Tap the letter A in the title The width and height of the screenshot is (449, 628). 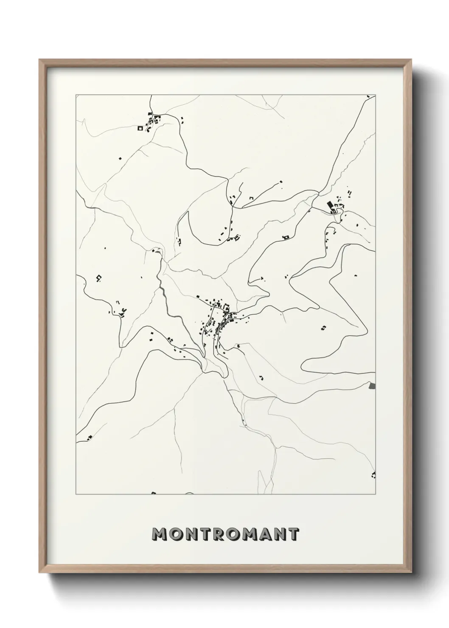tap(264, 534)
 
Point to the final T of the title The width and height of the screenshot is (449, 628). tap(293, 534)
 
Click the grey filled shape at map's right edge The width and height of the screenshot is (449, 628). tap(373, 386)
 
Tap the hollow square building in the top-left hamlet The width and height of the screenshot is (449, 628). tap(140, 127)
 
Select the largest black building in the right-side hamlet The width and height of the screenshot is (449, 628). tap(330, 206)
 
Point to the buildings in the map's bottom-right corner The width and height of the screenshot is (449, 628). tap(373, 474)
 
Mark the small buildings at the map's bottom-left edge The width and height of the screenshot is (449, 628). tap(89, 438)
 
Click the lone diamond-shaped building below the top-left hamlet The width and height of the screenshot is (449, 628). tap(120, 158)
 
